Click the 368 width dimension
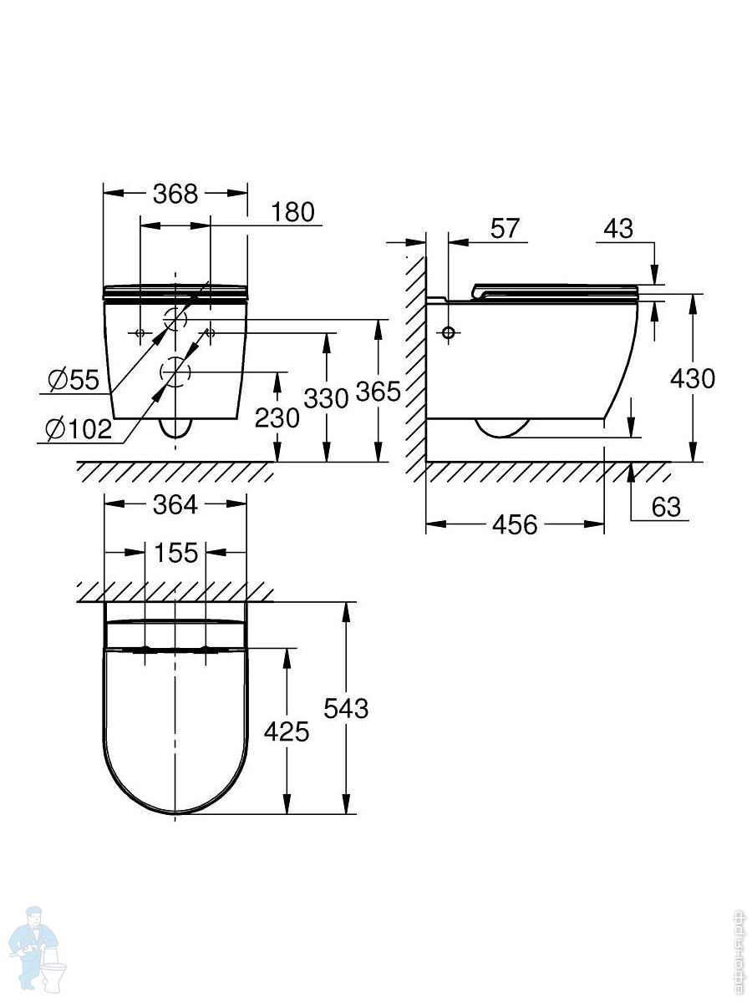point(175,194)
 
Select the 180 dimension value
point(292,212)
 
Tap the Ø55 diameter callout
point(74,380)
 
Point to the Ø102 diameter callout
point(79,428)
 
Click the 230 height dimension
point(277,417)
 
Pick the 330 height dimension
point(326,398)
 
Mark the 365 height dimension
point(378,392)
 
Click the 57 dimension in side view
point(505,228)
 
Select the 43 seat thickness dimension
point(618,228)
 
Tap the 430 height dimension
point(692,378)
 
